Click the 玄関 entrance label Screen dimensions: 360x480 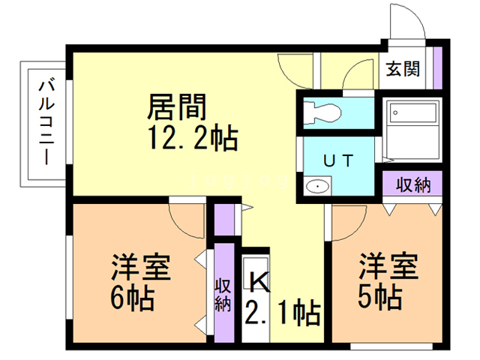point(403,70)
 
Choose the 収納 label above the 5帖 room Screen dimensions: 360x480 point(412,184)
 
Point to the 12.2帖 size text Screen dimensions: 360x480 point(192,138)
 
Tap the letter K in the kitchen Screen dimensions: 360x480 point(259,281)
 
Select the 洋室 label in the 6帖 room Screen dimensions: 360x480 point(141,266)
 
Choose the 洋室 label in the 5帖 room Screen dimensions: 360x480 point(388,266)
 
